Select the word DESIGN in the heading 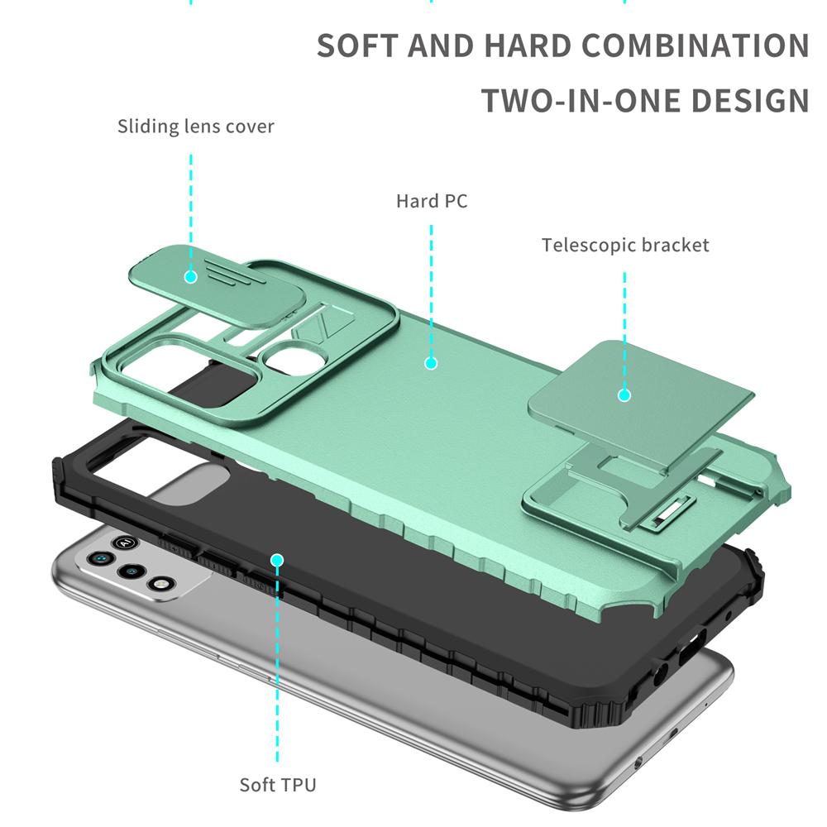click(x=750, y=101)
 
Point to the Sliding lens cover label click(x=195, y=127)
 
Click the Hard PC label click(x=432, y=201)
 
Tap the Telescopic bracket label click(x=625, y=246)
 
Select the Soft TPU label click(x=278, y=784)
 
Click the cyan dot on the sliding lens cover click(x=191, y=276)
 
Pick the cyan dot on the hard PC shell click(x=431, y=362)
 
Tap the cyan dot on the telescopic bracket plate click(x=624, y=395)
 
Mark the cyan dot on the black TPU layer click(x=277, y=560)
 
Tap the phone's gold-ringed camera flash click(x=155, y=584)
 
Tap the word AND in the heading click(x=447, y=45)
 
